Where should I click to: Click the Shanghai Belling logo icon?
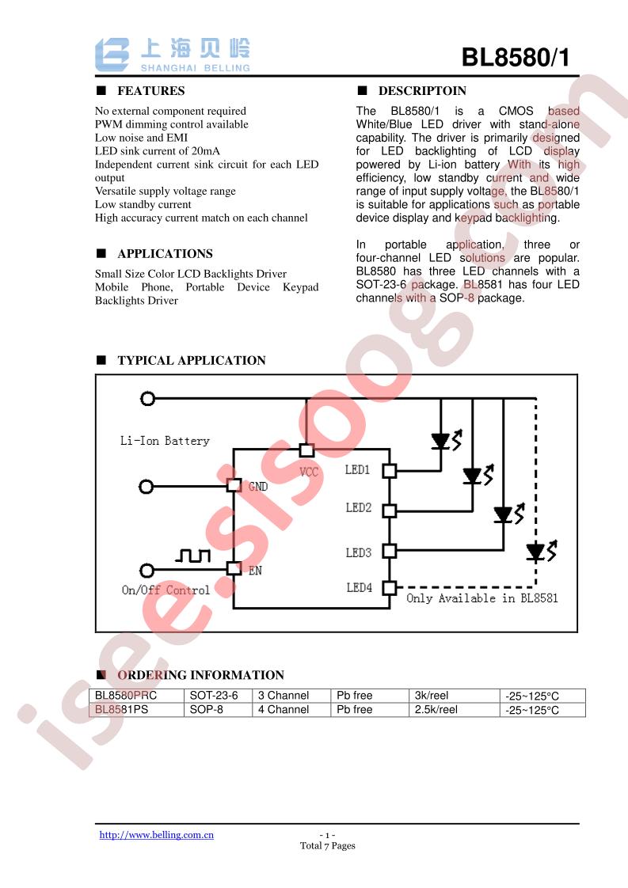[112, 55]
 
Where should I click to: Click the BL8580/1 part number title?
[516, 57]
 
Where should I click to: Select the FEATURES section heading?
[150, 90]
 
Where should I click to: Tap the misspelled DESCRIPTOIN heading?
[422, 90]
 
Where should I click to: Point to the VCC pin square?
[306, 450]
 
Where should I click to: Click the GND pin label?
[258, 487]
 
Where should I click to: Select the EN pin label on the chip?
[255, 571]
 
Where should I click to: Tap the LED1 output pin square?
[390, 471]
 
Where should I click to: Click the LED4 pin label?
[360, 588]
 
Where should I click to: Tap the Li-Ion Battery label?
[165, 441]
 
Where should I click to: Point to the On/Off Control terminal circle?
[147, 571]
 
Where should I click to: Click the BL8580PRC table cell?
[126, 696]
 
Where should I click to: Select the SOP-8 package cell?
[207, 710]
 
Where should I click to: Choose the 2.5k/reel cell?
[436, 710]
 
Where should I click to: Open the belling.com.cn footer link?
[157, 835]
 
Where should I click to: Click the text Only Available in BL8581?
[482, 598]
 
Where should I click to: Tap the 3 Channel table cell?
[284, 696]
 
